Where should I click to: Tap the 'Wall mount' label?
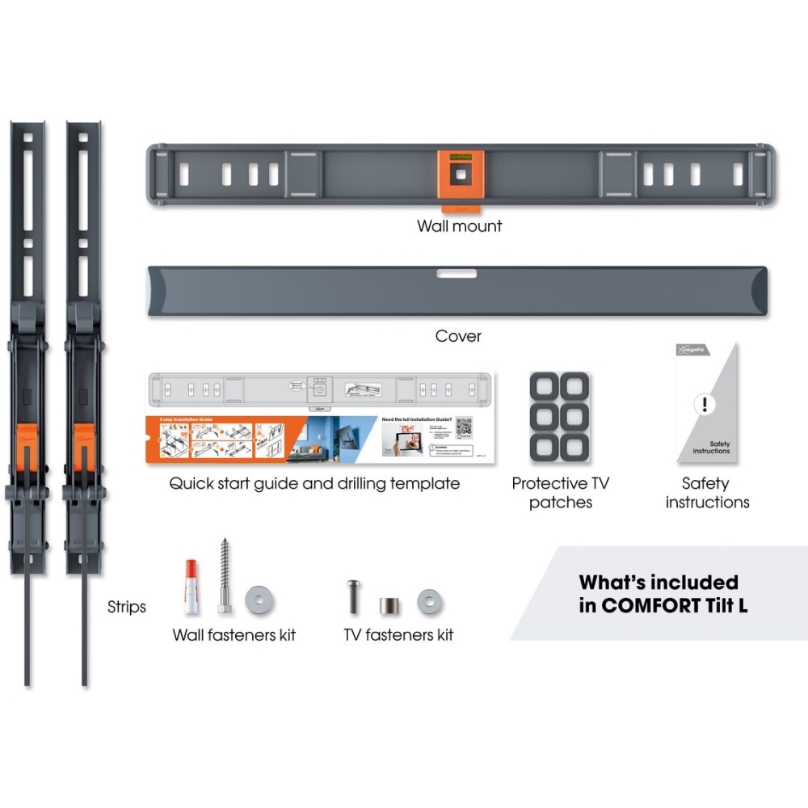click(459, 226)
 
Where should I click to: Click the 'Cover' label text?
click(458, 335)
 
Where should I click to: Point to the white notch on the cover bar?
click(458, 274)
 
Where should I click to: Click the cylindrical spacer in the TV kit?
click(386, 604)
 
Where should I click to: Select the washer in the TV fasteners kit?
click(428, 601)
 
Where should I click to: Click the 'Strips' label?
click(127, 606)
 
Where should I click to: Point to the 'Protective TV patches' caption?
click(562, 493)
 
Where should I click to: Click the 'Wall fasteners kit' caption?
click(234, 635)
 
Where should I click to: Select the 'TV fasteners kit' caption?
click(398, 635)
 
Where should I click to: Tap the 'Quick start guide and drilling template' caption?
click(314, 484)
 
